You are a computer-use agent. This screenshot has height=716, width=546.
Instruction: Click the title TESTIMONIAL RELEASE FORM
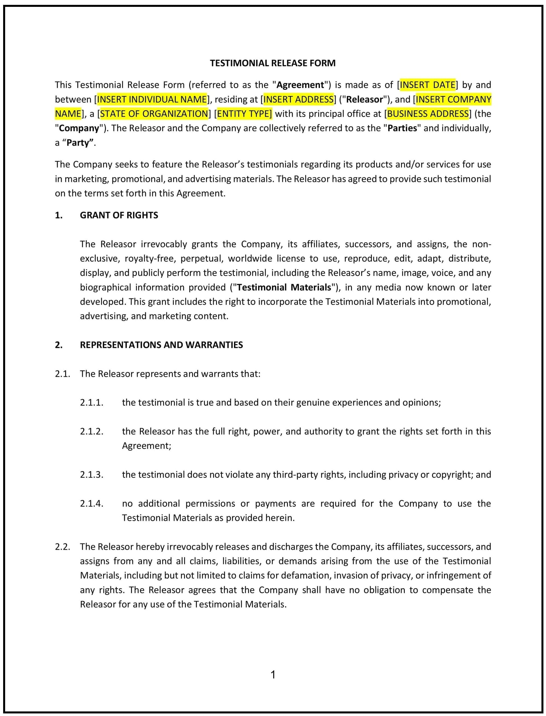(272, 63)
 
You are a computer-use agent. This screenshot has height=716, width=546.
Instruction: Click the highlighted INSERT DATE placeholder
(427, 85)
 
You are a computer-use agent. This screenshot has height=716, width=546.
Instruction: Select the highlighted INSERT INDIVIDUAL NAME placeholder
(152, 99)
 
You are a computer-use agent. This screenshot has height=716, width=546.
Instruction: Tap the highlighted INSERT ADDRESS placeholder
(298, 99)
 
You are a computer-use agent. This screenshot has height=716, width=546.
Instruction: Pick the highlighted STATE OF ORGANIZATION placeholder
(154, 113)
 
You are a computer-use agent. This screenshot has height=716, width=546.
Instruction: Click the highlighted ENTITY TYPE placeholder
(244, 113)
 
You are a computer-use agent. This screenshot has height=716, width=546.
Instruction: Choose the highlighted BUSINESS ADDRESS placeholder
(428, 113)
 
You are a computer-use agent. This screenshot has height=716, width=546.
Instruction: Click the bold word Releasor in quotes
(364, 99)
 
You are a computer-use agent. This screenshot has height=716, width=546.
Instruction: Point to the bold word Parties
(402, 128)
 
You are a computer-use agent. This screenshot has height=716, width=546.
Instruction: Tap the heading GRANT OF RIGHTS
(119, 215)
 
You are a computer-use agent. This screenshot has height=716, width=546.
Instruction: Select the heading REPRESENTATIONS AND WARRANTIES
(161, 345)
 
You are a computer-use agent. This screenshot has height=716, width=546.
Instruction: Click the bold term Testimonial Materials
(284, 287)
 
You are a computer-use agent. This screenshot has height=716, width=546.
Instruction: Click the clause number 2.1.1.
(92, 402)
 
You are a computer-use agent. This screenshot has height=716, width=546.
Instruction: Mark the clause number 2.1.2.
(92, 432)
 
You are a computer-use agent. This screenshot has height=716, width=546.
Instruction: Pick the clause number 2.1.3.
(92, 475)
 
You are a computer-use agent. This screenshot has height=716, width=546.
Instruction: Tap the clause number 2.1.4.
(92, 504)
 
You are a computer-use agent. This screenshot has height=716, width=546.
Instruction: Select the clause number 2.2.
(63, 547)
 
